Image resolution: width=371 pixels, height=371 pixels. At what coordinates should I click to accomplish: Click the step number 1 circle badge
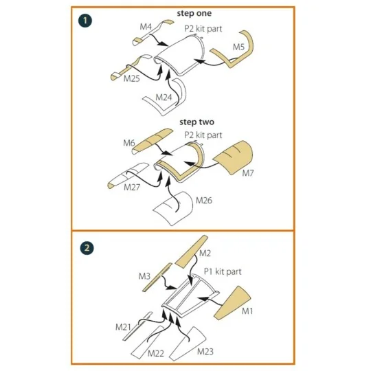(x=85, y=21)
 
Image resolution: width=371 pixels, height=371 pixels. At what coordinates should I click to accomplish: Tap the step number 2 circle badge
(x=87, y=248)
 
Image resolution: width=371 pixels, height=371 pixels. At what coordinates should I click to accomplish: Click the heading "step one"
(x=194, y=14)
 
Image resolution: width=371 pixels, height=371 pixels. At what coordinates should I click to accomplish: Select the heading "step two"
(x=196, y=122)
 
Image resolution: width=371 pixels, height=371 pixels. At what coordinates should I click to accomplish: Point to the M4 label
(x=146, y=27)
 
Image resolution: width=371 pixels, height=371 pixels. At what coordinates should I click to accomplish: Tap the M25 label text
(x=131, y=78)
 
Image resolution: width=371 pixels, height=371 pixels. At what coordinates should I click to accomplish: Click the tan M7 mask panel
(x=234, y=157)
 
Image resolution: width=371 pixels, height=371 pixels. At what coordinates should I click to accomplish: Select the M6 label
(x=129, y=143)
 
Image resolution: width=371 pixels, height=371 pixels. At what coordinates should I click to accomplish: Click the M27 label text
(x=132, y=188)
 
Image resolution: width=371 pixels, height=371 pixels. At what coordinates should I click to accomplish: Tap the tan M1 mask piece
(x=232, y=303)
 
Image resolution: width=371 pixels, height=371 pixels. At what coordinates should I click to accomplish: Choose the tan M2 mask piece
(x=191, y=251)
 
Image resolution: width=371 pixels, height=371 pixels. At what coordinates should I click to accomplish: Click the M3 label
(x=144, y=276)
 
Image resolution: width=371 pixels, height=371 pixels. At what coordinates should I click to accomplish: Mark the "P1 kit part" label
(x=223, y=271)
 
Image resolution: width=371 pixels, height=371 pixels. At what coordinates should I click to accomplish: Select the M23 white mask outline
(x=188, y=344)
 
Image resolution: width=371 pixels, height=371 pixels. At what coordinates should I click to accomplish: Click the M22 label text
(x=156, y=354)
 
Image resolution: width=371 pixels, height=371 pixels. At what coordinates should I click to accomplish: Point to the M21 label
(x=123, y=327)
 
